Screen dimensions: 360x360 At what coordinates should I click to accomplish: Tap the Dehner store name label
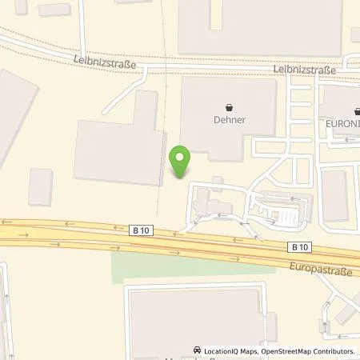coord(230,120)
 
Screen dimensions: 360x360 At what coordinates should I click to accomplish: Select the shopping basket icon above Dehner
coord(230,106)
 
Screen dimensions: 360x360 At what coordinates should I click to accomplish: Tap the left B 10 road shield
coord(141,230)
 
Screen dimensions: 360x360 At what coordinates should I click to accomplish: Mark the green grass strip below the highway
coord(192,264)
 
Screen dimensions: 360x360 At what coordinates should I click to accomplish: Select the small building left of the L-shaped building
coord(40,186)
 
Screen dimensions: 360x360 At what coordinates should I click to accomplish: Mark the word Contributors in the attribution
coord(332,351)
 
